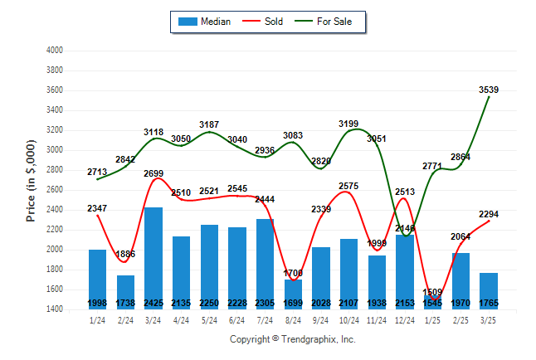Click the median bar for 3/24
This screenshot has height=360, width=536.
tap(154, 257)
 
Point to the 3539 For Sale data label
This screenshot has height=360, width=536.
tap(488, 90)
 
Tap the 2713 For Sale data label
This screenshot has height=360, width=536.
tap(98, 172)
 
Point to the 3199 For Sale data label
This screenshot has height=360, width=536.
tap(349, 124)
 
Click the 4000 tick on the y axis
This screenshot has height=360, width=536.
tap(55, 51)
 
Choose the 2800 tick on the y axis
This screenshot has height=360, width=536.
tap(55, 170)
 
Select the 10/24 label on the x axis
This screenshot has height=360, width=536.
tap(349, 320)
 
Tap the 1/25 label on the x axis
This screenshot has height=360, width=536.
tap(433, 320)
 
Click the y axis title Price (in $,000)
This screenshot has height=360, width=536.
tap(31, 180)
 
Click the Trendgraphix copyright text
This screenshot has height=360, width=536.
tap(292, 339)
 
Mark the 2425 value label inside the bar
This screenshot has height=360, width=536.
tap(154, 304)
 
